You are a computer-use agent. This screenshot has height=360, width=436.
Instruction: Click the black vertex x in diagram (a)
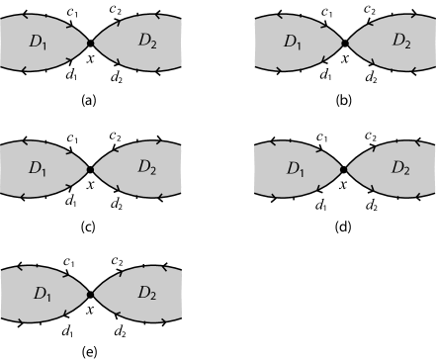[x=90, y=44]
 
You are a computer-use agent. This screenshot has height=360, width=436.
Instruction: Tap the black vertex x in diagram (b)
[x=344, y=44]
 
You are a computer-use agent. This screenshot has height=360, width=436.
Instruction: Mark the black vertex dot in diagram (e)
[x=90, y=294]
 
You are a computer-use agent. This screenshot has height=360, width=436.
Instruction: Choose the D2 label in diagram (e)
[x=147, y=294]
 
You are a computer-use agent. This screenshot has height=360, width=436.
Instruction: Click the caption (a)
[x=90, y=101]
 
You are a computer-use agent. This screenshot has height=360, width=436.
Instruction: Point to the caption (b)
[x=344, y=101]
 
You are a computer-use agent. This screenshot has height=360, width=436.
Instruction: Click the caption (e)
[x=90, y=351]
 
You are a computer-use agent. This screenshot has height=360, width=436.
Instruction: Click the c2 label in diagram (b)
[x=368, y=11]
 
